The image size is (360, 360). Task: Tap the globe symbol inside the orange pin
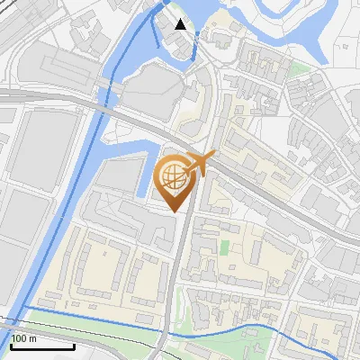pos(175,176)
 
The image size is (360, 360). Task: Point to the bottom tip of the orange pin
pos(176,211)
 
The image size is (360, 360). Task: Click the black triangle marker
pos(181,24)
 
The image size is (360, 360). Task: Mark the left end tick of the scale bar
pos(12,346)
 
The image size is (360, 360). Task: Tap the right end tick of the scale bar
pos(74,346)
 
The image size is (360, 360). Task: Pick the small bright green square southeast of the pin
pos(224,246)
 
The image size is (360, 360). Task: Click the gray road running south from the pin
pos(180,270)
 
